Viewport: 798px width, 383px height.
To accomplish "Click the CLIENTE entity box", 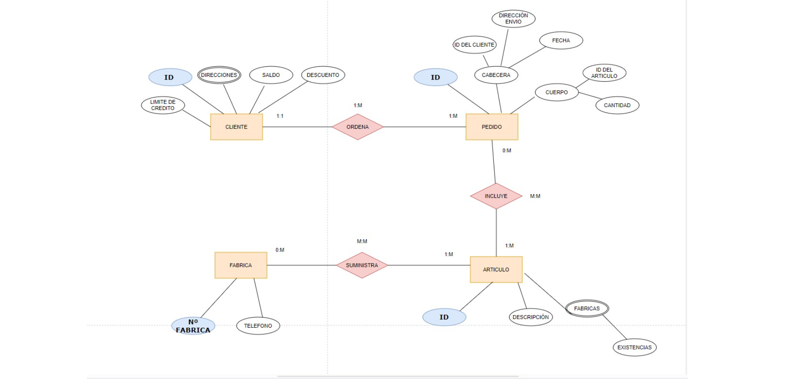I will point(236,127).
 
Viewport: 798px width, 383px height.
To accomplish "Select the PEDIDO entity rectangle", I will point(492,127).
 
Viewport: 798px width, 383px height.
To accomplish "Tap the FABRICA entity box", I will point(241,265).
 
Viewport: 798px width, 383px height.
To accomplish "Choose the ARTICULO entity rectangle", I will point(496,270).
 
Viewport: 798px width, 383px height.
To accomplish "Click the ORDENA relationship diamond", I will point(358,127).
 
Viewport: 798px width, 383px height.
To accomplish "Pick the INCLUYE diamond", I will point(496,196).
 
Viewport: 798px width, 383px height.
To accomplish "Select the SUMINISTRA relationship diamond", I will point(362,265).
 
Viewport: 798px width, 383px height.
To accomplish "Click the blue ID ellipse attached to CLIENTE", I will point(170,77).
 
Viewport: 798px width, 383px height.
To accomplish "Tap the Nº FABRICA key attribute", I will point(193,326).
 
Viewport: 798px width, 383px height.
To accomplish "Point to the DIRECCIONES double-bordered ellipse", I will point(219,75).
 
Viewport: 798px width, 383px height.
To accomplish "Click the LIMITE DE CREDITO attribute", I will point(163,105).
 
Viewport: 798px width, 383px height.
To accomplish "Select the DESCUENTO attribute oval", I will point(323,75).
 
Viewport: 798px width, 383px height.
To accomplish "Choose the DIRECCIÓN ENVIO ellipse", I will point(513,19).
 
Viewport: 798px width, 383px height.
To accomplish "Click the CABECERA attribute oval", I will point(496,75).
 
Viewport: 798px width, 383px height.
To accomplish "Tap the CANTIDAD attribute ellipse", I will point(617,105).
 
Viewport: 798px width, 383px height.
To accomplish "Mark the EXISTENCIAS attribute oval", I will point(635,347).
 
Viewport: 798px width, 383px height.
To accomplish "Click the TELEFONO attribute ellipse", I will point(258,326).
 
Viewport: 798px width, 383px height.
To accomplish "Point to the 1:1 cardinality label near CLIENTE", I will point(280,116).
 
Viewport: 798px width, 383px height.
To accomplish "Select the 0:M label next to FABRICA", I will point(280,250).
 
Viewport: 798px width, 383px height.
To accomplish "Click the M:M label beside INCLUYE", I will point(535,196).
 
